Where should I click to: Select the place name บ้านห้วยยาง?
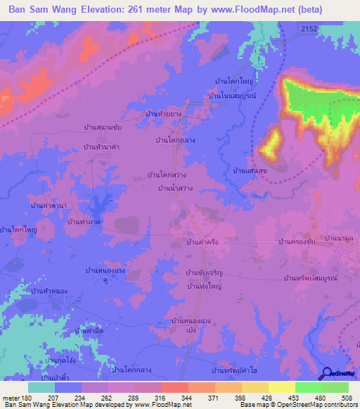tap(163, 112)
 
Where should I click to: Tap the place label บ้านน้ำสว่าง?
tap(179, 189)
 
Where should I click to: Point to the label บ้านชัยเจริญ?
tap(204, 273)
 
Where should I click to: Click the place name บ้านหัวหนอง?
tap(50, 290)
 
